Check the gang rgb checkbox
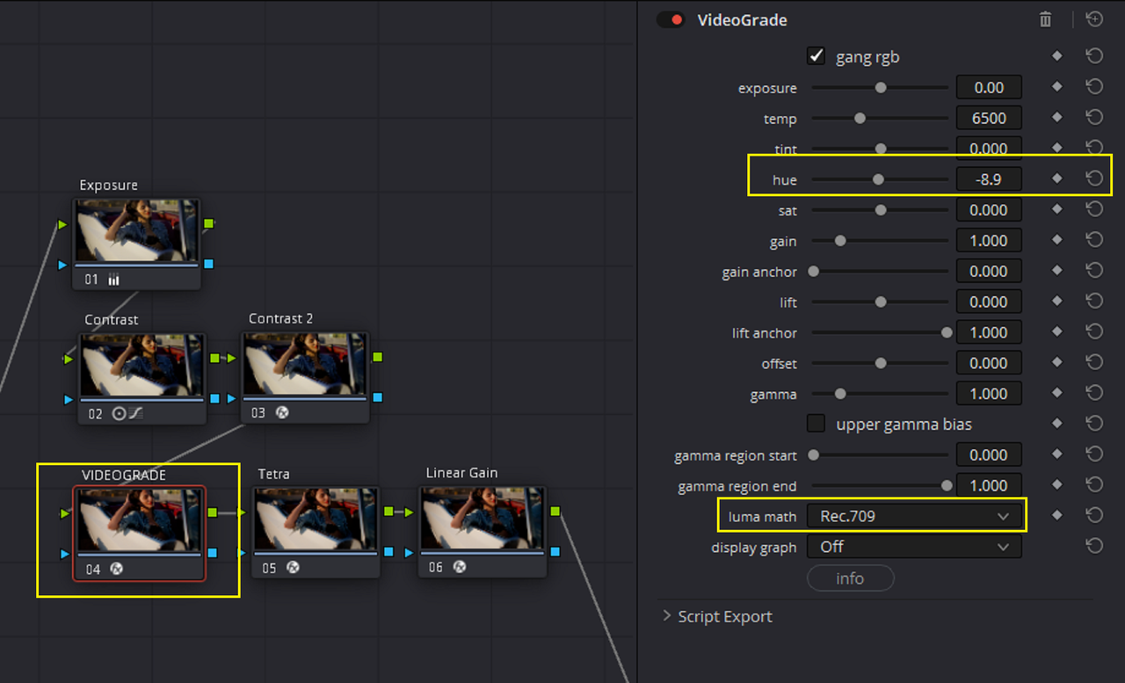point(816,55)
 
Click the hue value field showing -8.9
point(989,179)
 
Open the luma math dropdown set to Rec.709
point(913,516)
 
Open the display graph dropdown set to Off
point(913,547)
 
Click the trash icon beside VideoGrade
point(1045,19)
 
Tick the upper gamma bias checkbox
point(816,424)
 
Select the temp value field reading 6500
point(989,118)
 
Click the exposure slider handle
point(881,88)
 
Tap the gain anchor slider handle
point(813,272)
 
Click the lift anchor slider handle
point(947,332)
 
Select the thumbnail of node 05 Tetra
point(316,519)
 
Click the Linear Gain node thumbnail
point(483,519)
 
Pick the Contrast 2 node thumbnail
point(304,364)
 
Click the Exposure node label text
point(108,185)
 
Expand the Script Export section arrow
point(666,615)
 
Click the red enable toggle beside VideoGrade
point(671,19)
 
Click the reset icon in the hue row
point(1094,178)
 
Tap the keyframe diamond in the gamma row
point(1056,393)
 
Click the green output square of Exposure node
point(209,223)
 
